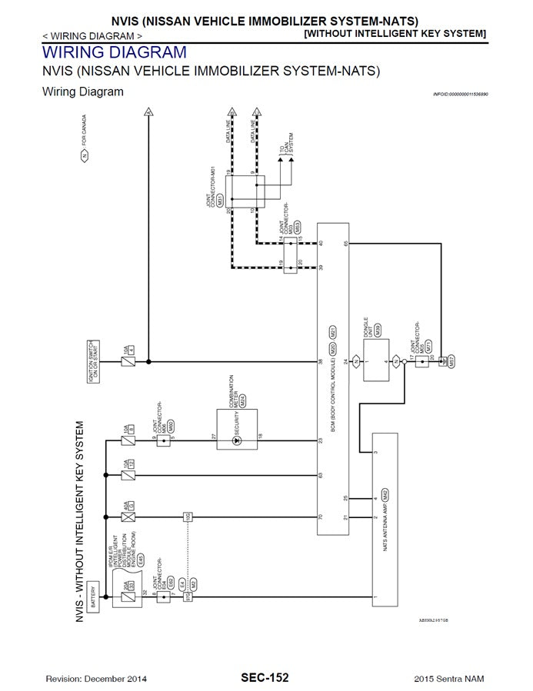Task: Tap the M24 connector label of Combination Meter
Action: click(x=242, y=400)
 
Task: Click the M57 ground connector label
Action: click(x=452, y=359)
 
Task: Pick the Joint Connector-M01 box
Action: click(x=245, y=191)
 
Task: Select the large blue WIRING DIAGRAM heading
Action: click(x=114, y=53)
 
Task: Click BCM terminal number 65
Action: click(x=346, y=244)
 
